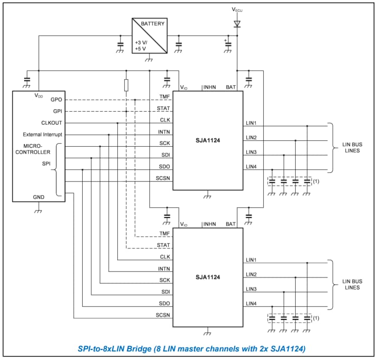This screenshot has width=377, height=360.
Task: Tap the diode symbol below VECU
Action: (x=237, y=24)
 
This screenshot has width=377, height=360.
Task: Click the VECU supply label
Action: (x=237, y=10)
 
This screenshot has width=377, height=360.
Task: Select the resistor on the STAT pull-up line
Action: (x=126, y=85)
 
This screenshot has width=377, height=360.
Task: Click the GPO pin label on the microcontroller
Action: (x=56, y=100)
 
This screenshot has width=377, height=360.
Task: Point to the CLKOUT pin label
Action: (x=52, y=123)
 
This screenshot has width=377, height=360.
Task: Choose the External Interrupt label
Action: (x=42, y=135)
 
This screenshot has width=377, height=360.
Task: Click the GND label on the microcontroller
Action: (x=39, y=197)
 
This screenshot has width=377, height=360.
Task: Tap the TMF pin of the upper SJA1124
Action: (x=164, y=97)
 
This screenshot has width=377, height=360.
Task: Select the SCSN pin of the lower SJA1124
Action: (x=163, y=315)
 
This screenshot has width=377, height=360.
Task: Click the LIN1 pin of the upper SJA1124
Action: (x=251, y=123)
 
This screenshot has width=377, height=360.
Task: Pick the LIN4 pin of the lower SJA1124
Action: (x=251, y=304)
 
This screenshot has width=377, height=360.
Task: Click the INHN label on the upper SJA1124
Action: (x=210, y=88)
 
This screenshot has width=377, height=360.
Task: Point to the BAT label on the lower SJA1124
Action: (x=231, y=224)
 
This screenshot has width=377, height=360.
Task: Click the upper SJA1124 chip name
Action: (x=208, y=141)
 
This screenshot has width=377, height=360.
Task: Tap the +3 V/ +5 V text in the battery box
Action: (x=140, y=46)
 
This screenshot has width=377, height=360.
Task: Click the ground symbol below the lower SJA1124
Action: (x=207, y=331)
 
